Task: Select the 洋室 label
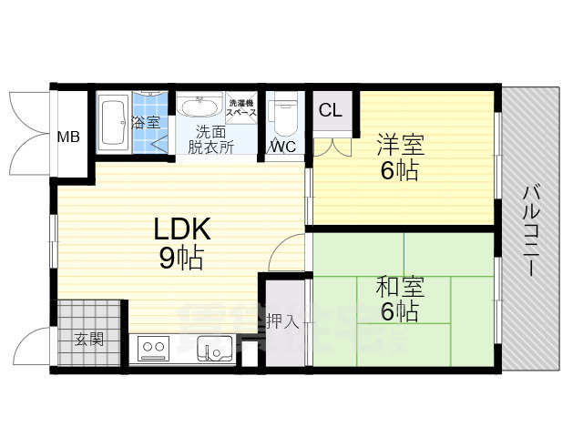click(400, 145)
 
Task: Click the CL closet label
click(331, 110)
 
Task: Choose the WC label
click(281, 147)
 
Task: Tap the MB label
click(68, 137)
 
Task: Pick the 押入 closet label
click(281, 320)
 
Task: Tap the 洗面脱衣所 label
click(210, 137)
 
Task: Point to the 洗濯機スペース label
click(242, 107)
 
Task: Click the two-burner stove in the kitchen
click(152, 347)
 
